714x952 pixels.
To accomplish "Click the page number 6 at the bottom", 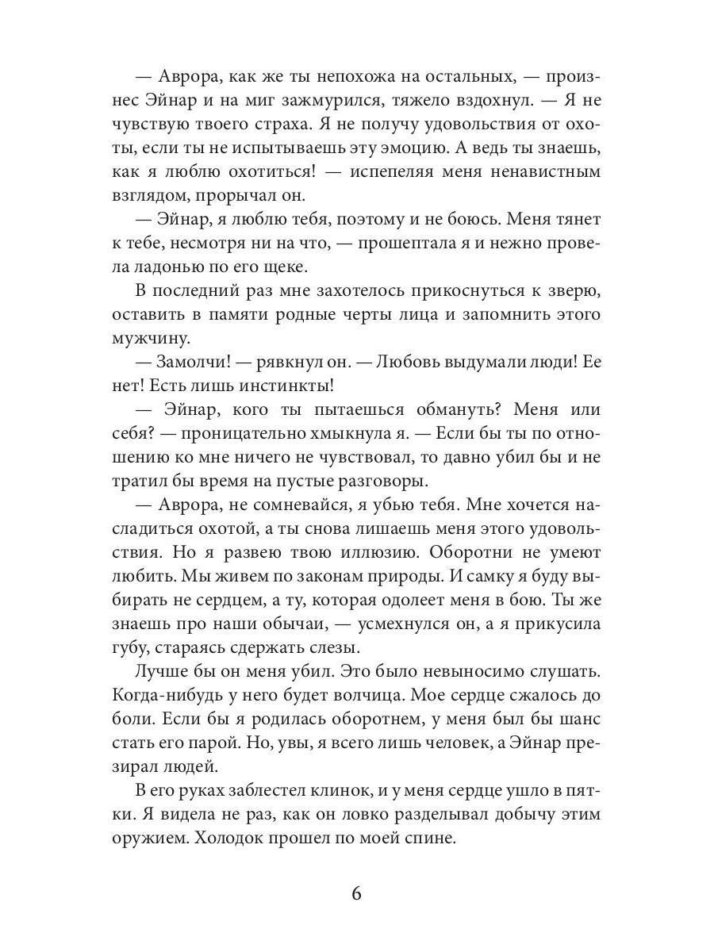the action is click(356, 893).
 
